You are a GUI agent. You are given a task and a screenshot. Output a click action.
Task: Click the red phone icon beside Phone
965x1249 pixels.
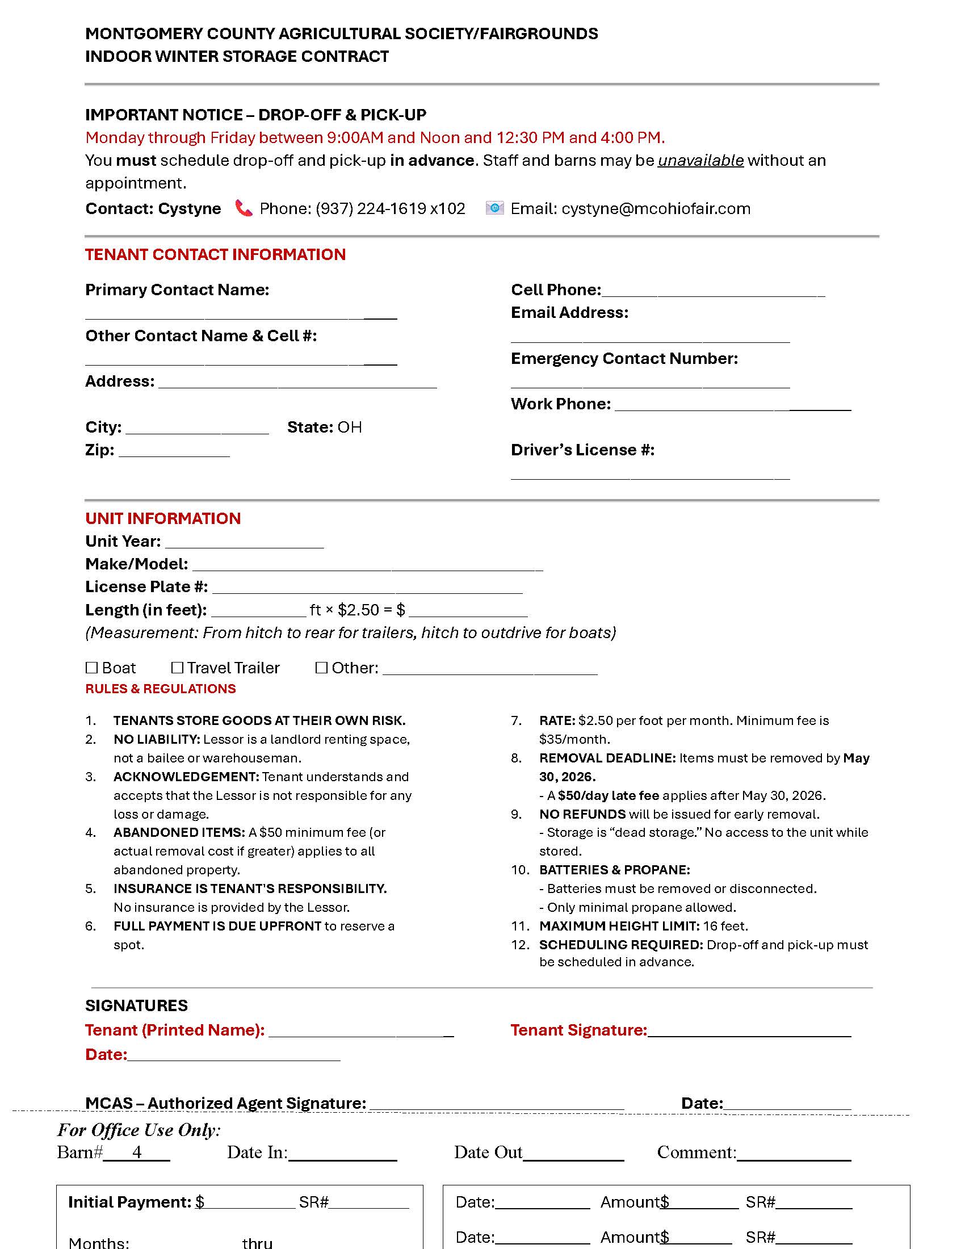pos(244,208)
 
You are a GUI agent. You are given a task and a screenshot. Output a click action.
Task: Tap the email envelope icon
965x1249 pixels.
pos(494,208)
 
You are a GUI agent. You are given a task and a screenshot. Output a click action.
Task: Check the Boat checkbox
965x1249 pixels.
pos(91,668)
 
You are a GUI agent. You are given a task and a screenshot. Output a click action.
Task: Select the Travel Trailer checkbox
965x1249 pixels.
pos(177,668)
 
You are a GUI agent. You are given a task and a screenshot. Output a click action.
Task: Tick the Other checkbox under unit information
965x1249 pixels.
pos(321,668)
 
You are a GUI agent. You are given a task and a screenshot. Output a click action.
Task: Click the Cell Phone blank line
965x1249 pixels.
pos(713,292)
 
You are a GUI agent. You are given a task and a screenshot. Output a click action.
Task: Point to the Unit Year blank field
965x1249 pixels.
pos(244,543)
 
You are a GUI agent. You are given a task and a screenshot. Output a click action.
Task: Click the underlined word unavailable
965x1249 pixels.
pos(700,161)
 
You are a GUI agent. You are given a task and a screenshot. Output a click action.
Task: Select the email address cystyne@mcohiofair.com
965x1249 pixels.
pos(656,209)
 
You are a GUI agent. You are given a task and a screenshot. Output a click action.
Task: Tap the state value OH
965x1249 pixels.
pos(349,427)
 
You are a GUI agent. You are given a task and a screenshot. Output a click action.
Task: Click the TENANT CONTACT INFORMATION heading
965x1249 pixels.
pos(216,254)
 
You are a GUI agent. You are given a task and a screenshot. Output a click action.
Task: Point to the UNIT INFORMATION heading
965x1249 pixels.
pos(163,518)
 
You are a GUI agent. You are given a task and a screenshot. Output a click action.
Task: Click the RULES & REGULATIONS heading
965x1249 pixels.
pos(161,689)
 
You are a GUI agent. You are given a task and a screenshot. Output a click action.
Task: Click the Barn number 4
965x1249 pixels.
pos(137,1152)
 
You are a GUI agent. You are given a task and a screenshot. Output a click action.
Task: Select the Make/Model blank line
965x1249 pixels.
pos(367,566)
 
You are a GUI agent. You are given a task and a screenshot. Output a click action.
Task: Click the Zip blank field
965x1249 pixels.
pos(174,452)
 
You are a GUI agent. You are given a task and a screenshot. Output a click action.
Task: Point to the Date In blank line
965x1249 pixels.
pos(342,1154)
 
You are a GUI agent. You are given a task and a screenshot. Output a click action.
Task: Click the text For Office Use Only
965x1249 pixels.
pos(139,1130)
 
